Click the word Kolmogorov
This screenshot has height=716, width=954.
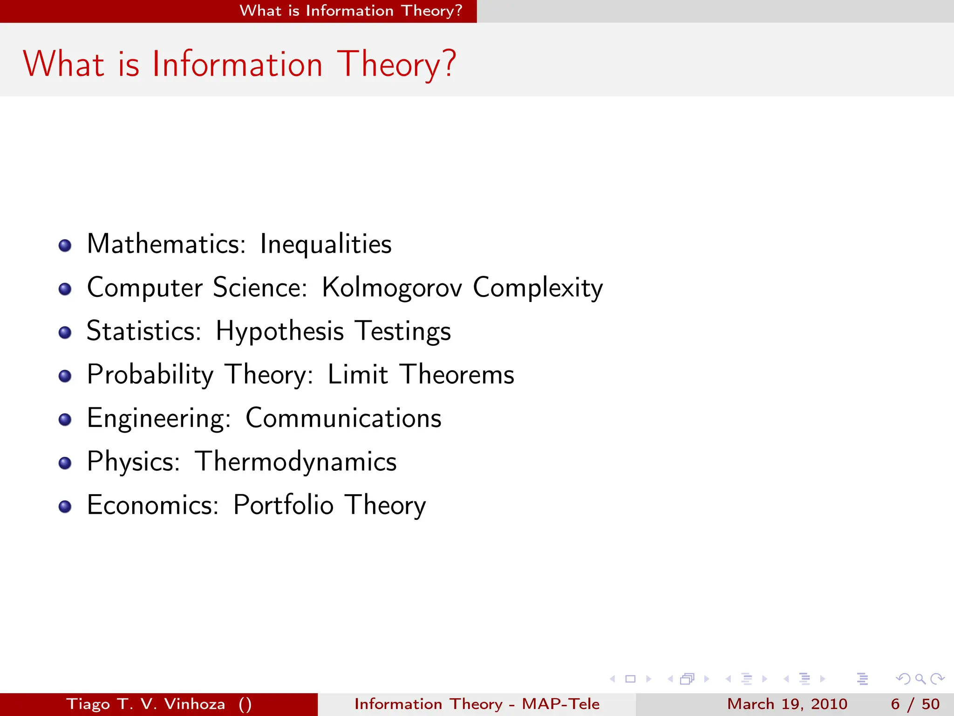[x=392, y=287]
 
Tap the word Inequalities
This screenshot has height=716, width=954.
[x=326, y=244]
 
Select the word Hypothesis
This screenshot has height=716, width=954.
[x=279, y=331]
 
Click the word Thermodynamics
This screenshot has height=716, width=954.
[x=296, y=461]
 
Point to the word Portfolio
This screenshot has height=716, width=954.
[x=283, y=505]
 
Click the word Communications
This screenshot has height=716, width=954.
[x=343, y=418]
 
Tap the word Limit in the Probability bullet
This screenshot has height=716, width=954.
[x=357, y=374]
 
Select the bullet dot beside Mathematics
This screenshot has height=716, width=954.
[x=65, y=246]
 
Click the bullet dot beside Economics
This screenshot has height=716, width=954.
[x=65, y=507]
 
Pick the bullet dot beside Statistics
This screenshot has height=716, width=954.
[x=65, y=332]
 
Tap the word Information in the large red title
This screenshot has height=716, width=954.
[x=237, y=64]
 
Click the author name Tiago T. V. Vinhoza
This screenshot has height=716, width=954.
[x=146, y=704]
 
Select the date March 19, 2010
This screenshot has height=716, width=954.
[x=787, y=704]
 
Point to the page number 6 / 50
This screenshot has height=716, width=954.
[x=915, y=704]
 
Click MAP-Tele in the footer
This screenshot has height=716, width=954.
[x=560, y=704]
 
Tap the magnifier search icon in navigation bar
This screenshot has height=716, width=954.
[x=920, y=679]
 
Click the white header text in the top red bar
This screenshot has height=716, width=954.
[x=351, y=11]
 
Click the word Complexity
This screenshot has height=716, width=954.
[x=538, y=287]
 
